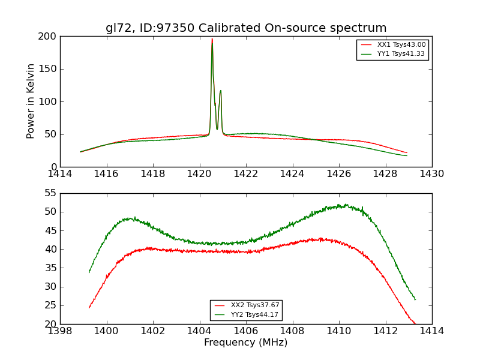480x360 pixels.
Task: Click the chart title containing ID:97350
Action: tap(246, 28)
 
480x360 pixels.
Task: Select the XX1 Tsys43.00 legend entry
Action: tap(401, 45)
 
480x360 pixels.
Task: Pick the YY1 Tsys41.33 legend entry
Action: tap(401, 54)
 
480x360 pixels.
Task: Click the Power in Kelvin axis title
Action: tap(31, 101)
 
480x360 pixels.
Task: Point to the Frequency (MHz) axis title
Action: tap(246, 343)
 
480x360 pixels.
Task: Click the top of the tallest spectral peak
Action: tap(212, 40)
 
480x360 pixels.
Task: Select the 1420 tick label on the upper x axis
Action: tap(199, 173)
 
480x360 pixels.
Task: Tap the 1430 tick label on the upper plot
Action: tap(432, 173)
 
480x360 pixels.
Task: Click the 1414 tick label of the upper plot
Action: tap(60, 173)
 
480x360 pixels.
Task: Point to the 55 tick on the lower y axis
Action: tap(52, 193)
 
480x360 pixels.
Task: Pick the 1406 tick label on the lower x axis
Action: tap(246, 331)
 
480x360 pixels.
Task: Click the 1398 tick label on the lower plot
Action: tap(60, 331)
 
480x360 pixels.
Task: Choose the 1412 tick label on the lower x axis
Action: tap(385, 331)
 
